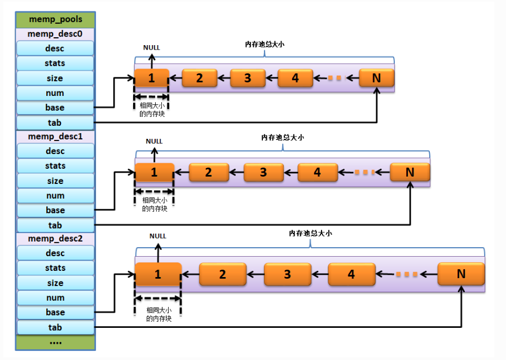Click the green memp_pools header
(55, 20)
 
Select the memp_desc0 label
(55, 34)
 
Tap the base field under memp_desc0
(55, 107)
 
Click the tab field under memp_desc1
(55, 225)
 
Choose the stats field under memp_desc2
(55, 268)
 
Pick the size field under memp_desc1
(55, 181)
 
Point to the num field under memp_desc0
(55, 93)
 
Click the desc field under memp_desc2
(55, 253)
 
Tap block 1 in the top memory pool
(151, 78)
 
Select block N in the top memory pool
(376, 78)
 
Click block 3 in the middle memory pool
(263, 172)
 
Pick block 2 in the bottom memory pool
(222, 274)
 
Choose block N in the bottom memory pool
(461, 274)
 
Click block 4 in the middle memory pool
(317, 172)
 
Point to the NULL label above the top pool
(151, 48)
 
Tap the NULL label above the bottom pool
(158, 236)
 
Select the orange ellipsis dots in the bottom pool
(406, 274)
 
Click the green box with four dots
(55, 342)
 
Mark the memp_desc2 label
(55, 239)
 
